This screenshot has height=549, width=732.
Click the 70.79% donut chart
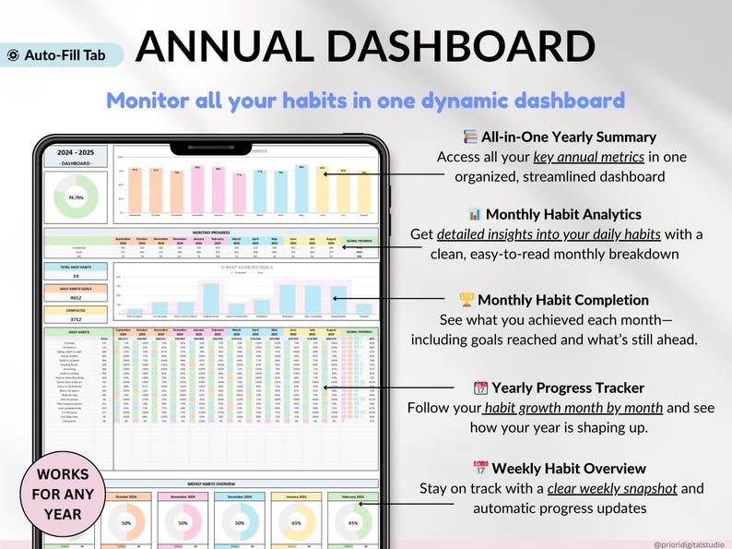[77, 197]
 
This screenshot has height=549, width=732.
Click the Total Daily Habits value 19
[77, 275]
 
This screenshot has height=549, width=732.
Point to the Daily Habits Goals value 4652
[77, 297]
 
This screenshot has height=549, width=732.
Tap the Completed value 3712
[77, 319]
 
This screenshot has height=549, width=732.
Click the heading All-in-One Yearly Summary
[569, 137]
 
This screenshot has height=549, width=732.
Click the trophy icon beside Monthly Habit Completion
[466, 300]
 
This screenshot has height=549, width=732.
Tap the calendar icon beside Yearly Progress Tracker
[479, 388]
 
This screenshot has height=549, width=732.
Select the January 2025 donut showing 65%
[296, 521]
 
